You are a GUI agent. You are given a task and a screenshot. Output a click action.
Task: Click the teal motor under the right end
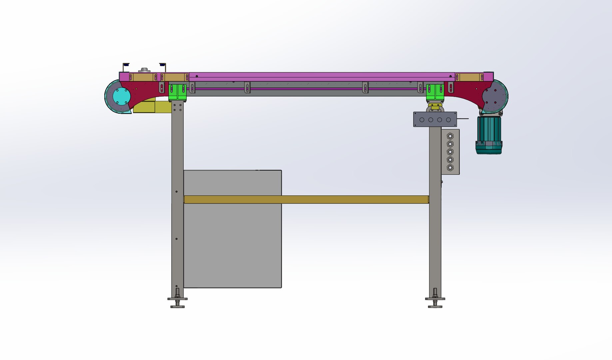(489, 135)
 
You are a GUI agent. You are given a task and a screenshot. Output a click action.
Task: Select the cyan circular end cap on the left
(122, 96)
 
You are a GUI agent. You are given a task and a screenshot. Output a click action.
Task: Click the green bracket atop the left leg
(177, 92)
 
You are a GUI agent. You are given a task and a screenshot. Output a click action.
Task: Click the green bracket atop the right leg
(435, 92)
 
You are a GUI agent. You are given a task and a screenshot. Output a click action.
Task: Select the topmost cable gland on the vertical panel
(450, 136)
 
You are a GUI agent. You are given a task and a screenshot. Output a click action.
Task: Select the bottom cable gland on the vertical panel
(450, 168)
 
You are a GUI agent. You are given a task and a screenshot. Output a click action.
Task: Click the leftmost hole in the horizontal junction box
(422, 120)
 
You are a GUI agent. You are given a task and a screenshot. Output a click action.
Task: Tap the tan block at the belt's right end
(469, 77)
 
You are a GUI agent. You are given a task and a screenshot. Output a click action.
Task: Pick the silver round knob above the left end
(145, 70)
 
